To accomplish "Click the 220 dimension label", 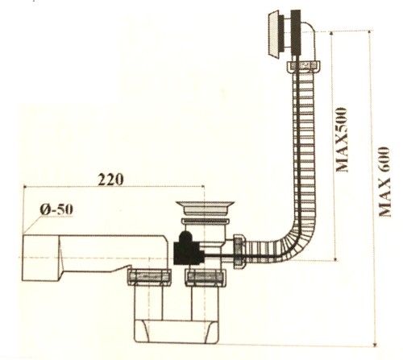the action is pos(110,180).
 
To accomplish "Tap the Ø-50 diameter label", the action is pos(56,209).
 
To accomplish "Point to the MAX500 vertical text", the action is pos(342,139).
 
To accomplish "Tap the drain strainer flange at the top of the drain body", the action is pos(205,208).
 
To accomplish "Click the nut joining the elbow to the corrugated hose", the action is pos(304,66).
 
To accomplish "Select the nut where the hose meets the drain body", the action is pos(239,252).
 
